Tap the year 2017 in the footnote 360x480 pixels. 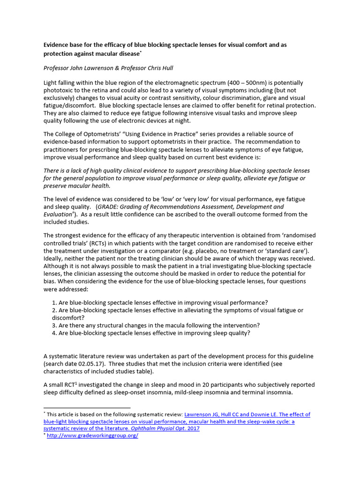point(193,428)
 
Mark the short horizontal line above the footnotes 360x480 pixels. point(87,408)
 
